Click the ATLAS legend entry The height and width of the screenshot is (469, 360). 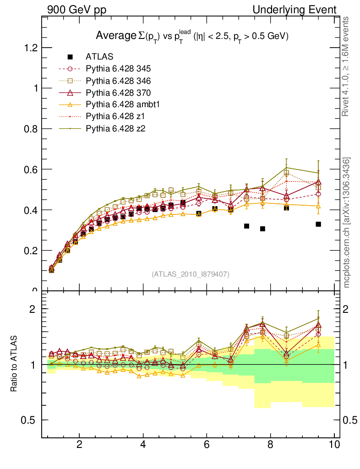click(99, 57)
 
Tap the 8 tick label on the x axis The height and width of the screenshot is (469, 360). click(270, 445)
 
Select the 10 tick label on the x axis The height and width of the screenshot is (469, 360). click(334, 445)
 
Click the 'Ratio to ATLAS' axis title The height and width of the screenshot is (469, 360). click(14, 364)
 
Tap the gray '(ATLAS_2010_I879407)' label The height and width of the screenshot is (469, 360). click(191, 274)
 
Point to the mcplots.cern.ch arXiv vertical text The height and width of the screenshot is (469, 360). click(347, 222)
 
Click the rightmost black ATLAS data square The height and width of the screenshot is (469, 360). click(318, 224)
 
